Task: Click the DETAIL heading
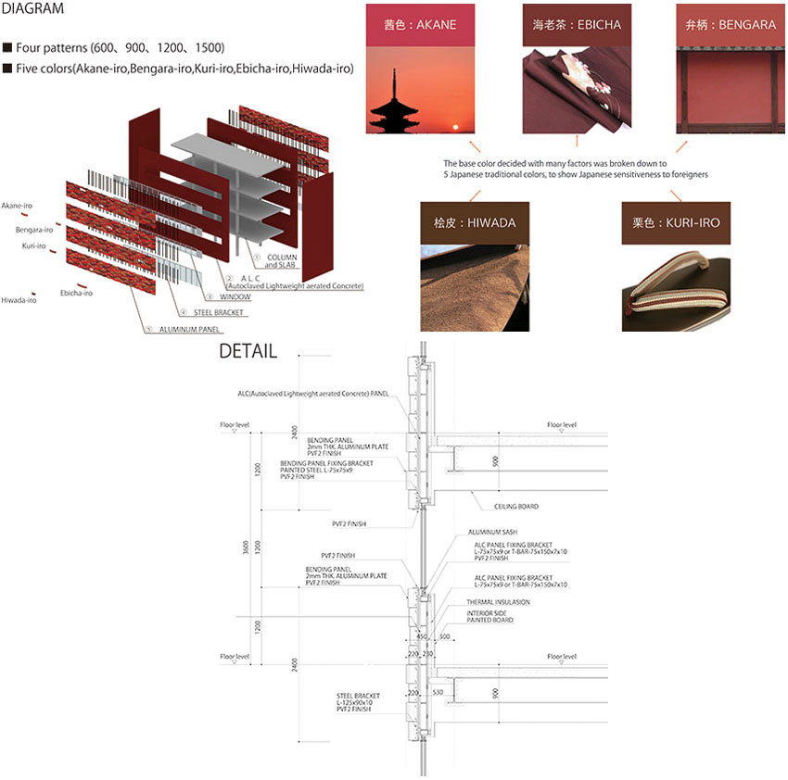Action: pyautogui.click(x=247, y=351)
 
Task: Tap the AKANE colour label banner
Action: pyautogui.click(x=420, y=24)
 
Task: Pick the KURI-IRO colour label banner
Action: pyautogui.click(x=676, y=222)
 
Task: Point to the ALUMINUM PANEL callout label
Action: pyautogui.click(x=189, y=329)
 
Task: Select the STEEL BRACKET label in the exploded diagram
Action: pyautogui.click(x=217, y=313)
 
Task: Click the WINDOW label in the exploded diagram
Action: pyautogui.click(x=235, y=297)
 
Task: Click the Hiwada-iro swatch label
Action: pyautogui.click(x=19, y=300)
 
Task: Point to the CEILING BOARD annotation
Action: pyautogui.click(x=517, y=507)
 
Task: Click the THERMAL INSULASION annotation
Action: pyautogui.click(x=499, y=602)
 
